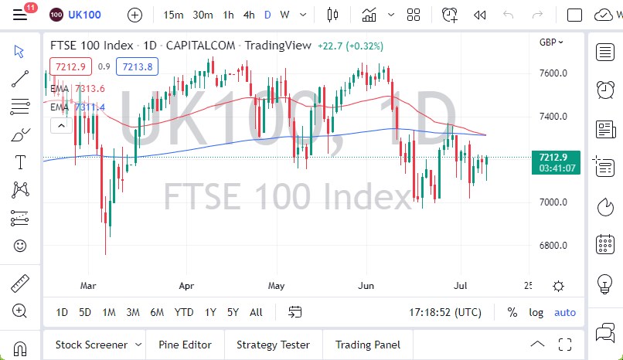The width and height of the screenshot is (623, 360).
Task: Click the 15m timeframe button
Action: (173, 15)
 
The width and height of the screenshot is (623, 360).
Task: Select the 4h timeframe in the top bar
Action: (248, 15)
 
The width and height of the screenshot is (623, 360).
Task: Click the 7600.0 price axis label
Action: (553, 73)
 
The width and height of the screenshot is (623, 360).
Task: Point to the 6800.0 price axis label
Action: (553, 246)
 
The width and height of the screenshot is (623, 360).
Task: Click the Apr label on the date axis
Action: (187, 285)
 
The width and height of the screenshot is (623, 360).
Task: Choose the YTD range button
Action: (184, 312)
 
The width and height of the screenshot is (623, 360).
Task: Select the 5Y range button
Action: (233, 312)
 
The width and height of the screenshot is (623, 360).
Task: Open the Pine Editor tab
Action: (185, 345)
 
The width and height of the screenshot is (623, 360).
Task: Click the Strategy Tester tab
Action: (273, 345)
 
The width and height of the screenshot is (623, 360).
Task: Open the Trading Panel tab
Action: (368, 345)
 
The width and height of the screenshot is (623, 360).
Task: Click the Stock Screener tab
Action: (93, 345)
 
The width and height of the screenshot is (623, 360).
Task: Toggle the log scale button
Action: (536, 312)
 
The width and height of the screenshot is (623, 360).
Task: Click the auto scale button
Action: (565, 312)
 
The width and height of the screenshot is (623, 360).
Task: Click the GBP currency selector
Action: (551, 42)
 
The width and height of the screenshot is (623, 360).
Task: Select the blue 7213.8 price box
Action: (138, 66)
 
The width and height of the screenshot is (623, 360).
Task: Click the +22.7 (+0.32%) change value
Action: (350, 46)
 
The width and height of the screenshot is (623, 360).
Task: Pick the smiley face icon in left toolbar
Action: (20, 246)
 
